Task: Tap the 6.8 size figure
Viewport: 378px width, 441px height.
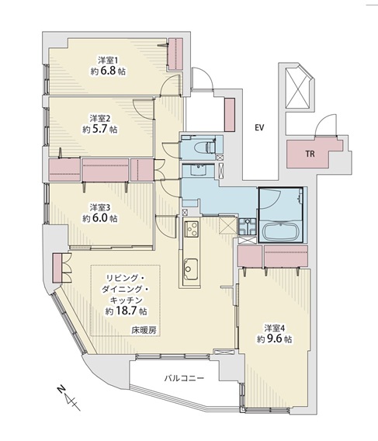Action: click(107, 71)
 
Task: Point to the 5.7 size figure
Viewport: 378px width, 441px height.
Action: click(99, 130)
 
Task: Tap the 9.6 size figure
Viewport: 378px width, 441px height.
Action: click(274, 339)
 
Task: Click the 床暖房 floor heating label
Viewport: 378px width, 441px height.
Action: click(144, 330)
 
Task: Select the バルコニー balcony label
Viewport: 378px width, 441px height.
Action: click(184, 378)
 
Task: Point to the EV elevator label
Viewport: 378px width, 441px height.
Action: click(259, 127)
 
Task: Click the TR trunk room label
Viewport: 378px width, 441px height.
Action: click(310, 154)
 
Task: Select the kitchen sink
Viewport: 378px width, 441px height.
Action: click(190, 269)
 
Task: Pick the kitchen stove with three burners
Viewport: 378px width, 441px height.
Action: click(191, 229)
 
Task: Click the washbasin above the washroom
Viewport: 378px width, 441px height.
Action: click(198, 170)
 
